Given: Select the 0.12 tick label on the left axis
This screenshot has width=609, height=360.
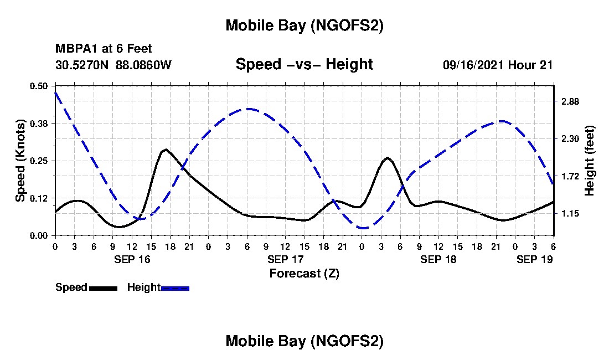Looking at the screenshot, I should [39, 198].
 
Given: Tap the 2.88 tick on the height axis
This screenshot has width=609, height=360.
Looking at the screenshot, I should [570, 101].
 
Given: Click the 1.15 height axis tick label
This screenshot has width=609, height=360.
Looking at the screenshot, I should [570, 213].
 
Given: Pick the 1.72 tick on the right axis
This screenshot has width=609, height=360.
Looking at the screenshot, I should [570, 176].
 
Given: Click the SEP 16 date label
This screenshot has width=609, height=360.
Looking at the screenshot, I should [132, 259].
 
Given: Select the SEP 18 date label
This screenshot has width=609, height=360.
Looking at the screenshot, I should [438, 259].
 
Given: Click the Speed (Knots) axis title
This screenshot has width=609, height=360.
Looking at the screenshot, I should [20, 161].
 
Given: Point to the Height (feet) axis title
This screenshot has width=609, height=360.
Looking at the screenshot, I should [590, 161].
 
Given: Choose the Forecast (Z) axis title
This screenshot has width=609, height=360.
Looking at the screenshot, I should [304, 273].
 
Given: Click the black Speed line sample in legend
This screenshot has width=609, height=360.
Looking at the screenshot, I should [103, 288].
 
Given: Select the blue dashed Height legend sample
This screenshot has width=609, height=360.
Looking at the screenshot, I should [175, 288].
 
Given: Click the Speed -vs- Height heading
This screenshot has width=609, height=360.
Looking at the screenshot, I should [304, 64].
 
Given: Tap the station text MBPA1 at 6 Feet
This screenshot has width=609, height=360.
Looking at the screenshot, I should [104, 49].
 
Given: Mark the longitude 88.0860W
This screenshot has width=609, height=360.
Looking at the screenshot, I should [144, 65].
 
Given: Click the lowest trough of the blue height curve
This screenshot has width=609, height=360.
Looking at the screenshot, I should [363, 228].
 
